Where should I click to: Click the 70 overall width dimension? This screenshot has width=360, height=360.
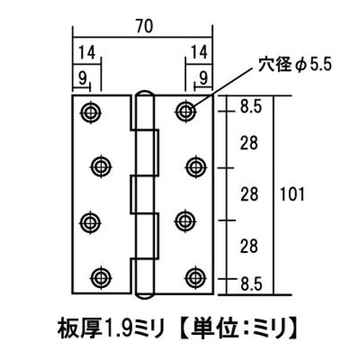[145, 27]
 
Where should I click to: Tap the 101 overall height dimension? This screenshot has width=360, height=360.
[292, 195]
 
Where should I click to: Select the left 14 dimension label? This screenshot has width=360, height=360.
[87, 52]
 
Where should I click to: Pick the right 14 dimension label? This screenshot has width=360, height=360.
[199, 52]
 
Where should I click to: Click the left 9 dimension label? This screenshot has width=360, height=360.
[82, 77]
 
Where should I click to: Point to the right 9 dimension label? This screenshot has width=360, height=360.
[203, 77]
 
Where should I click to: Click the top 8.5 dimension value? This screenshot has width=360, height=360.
[250, 106]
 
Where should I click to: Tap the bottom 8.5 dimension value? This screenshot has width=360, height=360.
[251, 284]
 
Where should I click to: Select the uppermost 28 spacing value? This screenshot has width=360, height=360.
[249, 143]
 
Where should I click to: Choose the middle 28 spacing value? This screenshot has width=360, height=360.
[250, 194]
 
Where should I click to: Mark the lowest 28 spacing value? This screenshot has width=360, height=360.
[249, 246]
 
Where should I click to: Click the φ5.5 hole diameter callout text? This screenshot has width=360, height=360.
[295, 64]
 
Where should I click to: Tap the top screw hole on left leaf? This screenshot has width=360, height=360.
[91, 113]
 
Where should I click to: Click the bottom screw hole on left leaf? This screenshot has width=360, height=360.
[101, 278]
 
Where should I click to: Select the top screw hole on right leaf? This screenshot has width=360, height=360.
[185, 112]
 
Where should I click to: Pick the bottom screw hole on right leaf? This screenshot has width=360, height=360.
[196, 277]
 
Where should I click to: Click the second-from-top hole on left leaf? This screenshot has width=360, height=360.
[101, 166]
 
